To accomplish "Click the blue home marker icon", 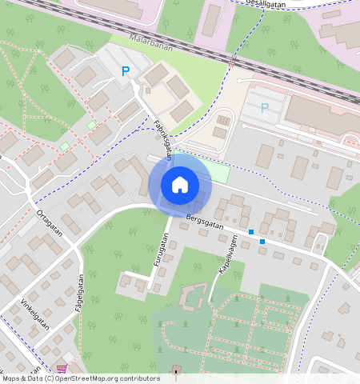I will pos(180,185).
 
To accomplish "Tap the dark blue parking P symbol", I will pos(125,71).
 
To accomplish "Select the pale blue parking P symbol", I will pos(265,108).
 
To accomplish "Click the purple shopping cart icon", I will pos(62,369).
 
